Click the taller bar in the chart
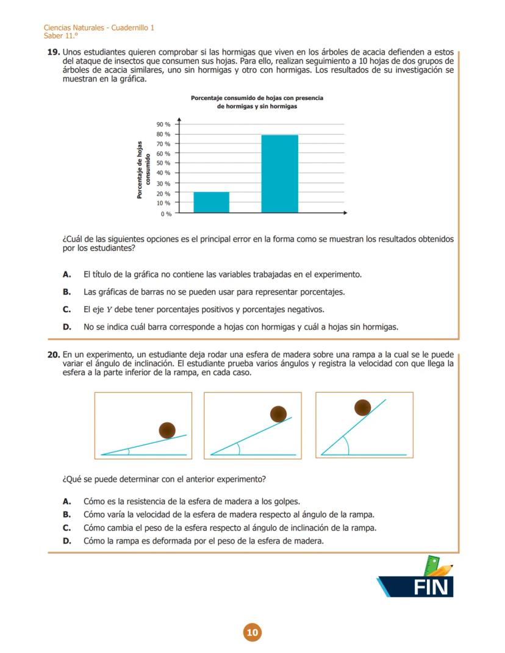click(280, 174)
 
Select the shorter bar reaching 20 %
click(211, 202)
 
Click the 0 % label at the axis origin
click(167, 214)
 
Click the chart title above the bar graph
click(257, 102)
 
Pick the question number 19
click(53, 53)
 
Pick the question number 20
click(53, 354)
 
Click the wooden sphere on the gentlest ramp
click(167, 430)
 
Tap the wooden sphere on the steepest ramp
click(363, 407)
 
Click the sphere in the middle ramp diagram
click(279, 415)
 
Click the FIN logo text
click(432, 587)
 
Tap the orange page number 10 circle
click(252, 632)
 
